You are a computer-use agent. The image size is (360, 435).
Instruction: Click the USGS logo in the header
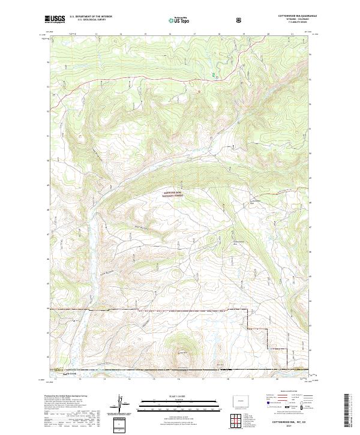[55, 20]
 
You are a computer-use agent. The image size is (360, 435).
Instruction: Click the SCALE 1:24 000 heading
[179, 396]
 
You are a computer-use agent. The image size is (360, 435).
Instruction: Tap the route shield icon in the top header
[241, 20]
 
